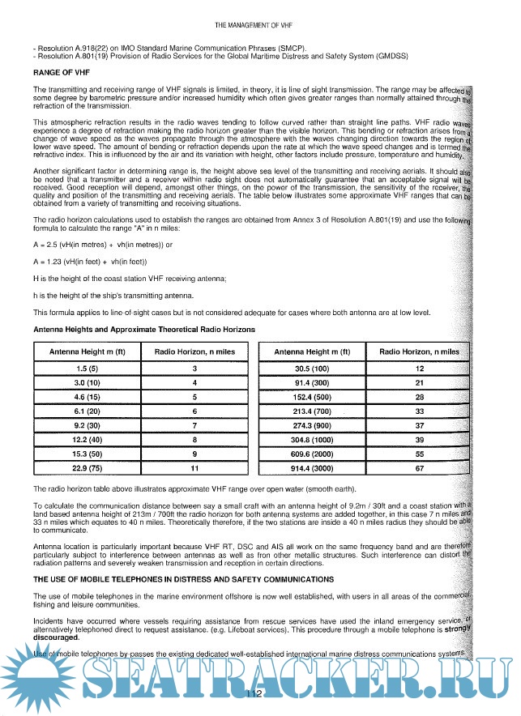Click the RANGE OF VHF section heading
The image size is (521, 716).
pyautogui.click(x=60, y=72)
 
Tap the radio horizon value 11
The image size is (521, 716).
pyautogui.click(x=194, y=468)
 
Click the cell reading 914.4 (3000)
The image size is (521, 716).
pyautogui.click(x=312, y=468)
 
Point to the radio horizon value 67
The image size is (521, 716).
pyautogui.click(x=420, y=468)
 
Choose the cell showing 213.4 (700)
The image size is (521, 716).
pyautogui.click(x=312, y=411)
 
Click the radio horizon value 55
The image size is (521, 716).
pyautogui.click(x=420, y=454)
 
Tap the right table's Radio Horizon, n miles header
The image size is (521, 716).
pyautogui.click(x=420, y=352)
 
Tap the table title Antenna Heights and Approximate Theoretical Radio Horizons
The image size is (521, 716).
pyautogui.click(x=144, y=330)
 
